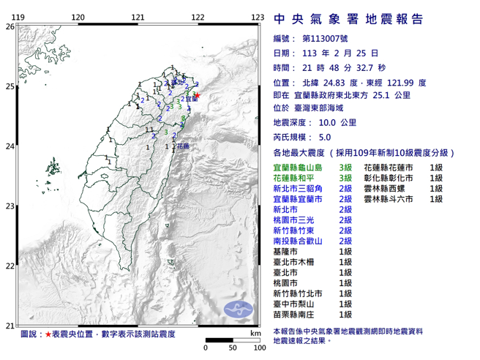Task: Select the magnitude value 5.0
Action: click(327, 138)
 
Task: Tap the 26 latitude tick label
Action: click(10, 26)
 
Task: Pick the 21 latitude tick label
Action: click(10, 326)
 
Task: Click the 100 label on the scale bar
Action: click(258, 347)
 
